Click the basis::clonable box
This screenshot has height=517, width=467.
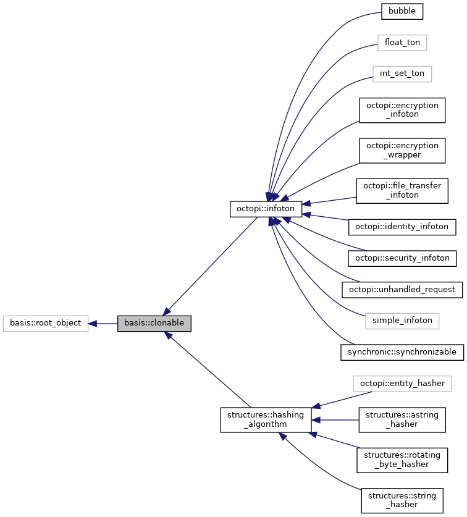click(154, 323)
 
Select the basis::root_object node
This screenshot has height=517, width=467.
click(45, 323)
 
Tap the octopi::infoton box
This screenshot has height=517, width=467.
click(266, 209)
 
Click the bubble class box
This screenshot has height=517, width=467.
click(402, 11)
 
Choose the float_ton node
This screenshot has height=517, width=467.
click(402, 43)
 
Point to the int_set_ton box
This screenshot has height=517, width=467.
click(402, 74)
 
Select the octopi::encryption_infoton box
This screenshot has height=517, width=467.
click(402, 110)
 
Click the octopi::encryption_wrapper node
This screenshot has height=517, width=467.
click(402, 150)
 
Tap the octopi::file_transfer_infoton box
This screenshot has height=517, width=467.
click(402, 190)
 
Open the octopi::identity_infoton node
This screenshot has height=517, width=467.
click(402, 227)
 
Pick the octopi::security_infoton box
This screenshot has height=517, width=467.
click(402, 258)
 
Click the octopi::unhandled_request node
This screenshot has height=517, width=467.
click(402, 289)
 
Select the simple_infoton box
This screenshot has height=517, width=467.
click(402, 321)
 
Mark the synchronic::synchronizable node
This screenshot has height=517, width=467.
click(402, 352)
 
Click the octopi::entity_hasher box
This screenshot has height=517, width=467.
click(402, 384)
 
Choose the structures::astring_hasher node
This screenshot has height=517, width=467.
click(402, 419)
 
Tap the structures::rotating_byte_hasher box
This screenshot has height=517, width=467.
click(402, 460)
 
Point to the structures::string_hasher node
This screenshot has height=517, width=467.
click(402, 500)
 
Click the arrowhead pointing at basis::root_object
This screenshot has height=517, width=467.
click(93, 323)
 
